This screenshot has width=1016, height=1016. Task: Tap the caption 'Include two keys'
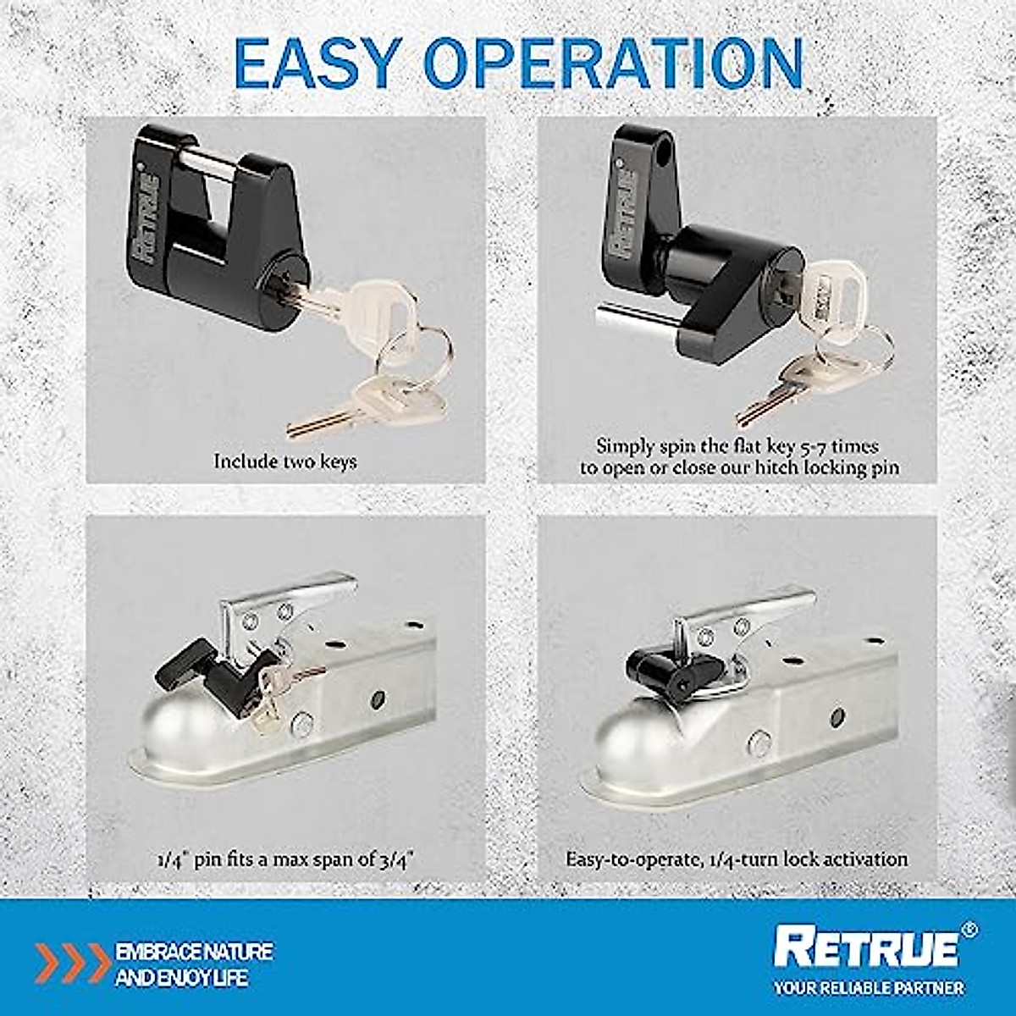285,461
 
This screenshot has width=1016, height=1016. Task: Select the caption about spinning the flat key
738,456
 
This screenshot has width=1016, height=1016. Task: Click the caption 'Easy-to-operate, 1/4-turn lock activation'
737,859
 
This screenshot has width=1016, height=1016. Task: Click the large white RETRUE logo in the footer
866,947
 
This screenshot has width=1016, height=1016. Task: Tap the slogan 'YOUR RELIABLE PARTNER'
868,987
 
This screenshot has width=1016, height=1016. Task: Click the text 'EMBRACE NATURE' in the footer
194,952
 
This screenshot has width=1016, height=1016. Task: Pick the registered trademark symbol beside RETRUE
969,929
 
